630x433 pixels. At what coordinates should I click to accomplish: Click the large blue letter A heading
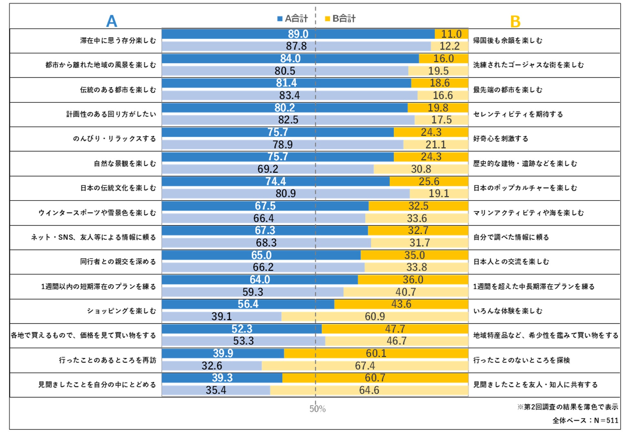pos(111,21)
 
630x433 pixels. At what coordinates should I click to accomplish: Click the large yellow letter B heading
pos(515,22)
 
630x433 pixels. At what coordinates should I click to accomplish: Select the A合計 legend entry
pos(292,18)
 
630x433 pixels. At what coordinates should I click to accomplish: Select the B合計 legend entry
pos(340,18)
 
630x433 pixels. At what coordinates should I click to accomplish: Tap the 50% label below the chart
pos(317,409)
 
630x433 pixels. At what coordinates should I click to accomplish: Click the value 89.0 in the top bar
pos(298,34)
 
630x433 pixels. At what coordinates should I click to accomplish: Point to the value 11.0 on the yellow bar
pos(451,34)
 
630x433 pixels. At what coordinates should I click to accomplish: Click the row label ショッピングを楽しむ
pos(121,311)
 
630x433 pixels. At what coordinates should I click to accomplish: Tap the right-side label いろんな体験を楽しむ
pos(508,311)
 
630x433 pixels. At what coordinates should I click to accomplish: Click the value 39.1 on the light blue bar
pos(222,317)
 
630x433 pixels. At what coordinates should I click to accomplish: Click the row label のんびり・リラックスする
pos(114,139)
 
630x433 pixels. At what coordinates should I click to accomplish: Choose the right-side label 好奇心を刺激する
pos(501,139)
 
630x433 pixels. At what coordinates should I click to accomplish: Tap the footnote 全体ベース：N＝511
pos(585,420)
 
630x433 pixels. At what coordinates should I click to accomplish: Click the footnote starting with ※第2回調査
pos(568,407)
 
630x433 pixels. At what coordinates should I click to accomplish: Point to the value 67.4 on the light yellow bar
pos(365,366)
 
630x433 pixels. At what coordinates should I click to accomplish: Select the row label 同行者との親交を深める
pos(118,262)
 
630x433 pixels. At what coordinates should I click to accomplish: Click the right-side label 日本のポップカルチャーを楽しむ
pos(525,188)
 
